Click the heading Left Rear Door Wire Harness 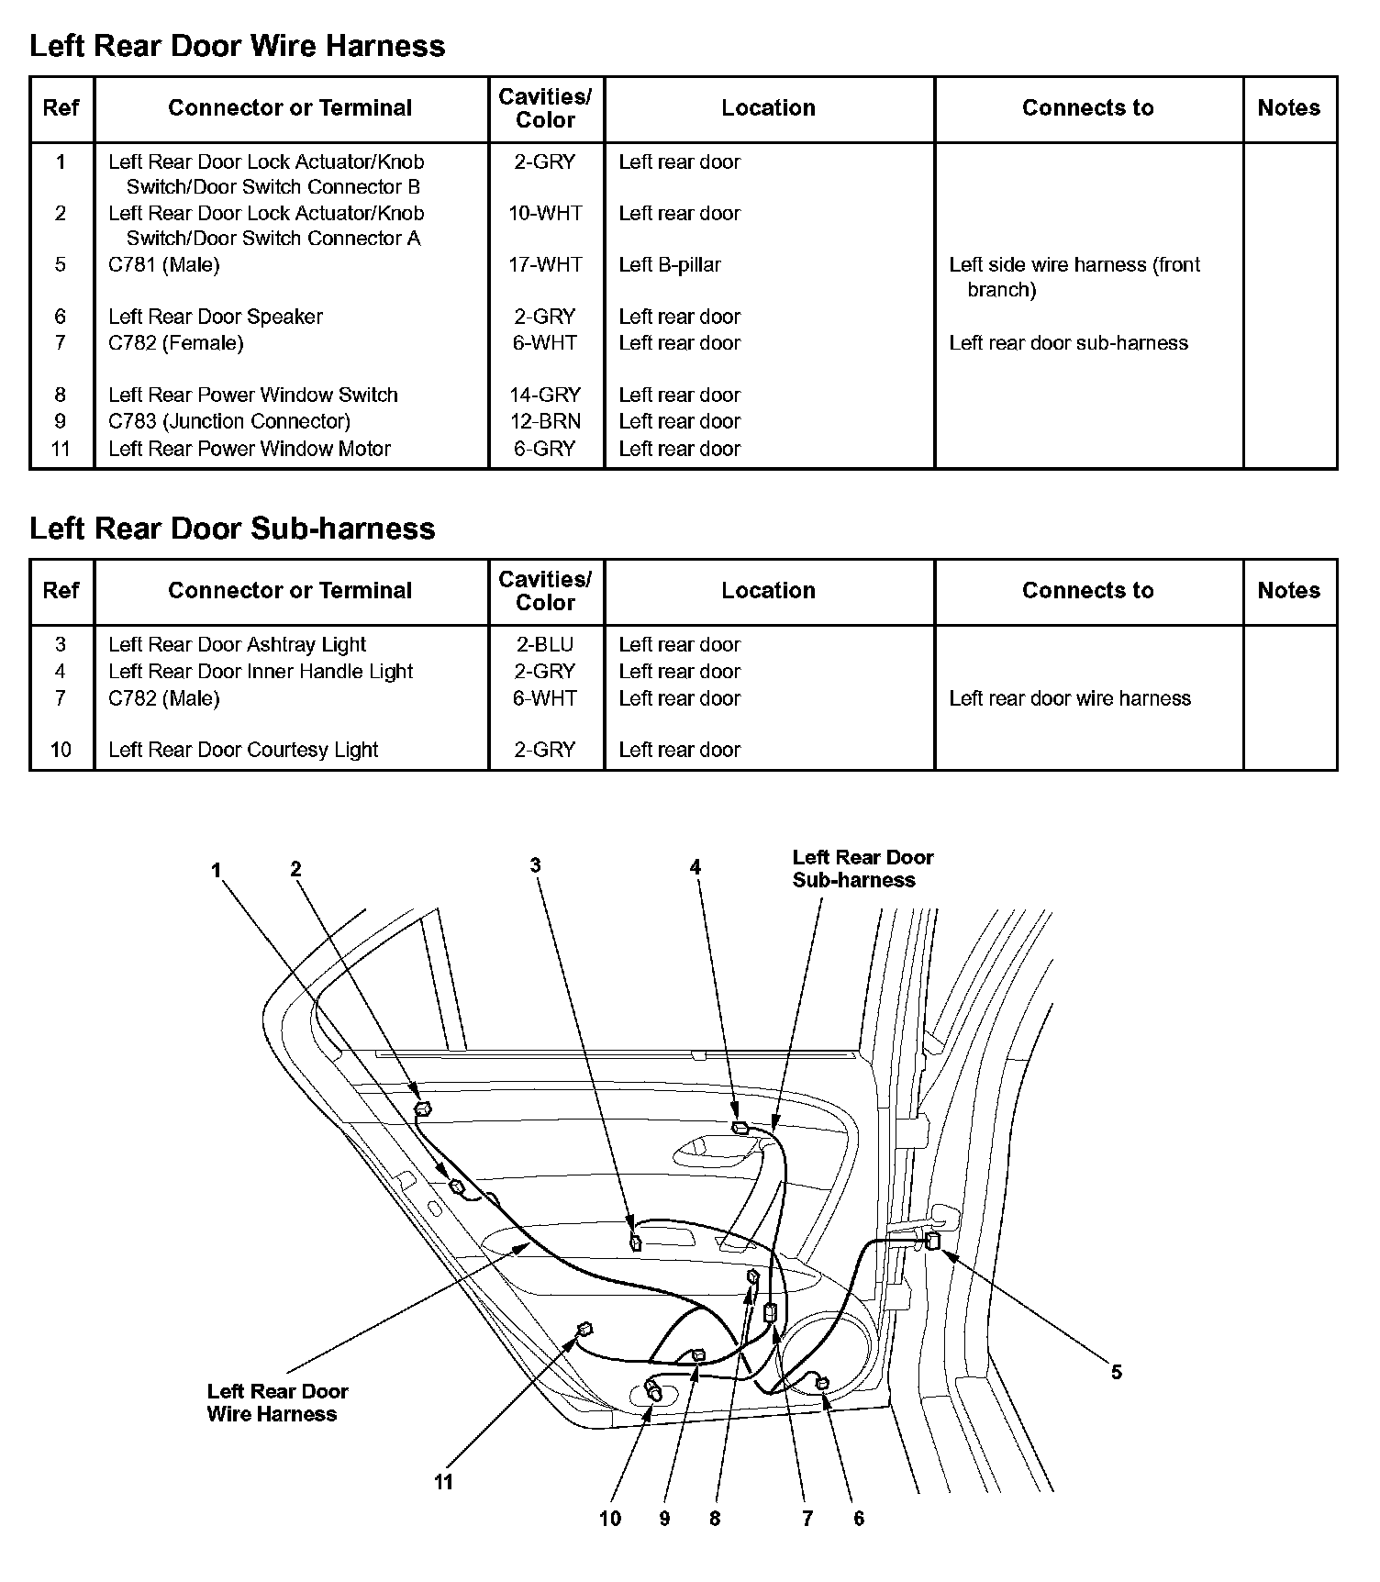click(x=237, y=46)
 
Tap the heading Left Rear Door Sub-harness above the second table click(x=232, y=529)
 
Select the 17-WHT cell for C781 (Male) click(x=545, y=265)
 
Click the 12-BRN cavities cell click(x=545, y=422)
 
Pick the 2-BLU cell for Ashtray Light click(x=545, y=645)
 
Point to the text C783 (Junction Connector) click(x=229, y=422)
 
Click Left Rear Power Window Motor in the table click(x=250, y=449)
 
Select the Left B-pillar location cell click(x=670, y=265)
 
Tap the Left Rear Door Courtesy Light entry click(x=243, y=750)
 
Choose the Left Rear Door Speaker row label click(x=216, y=318)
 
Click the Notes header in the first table click(x=1288, y=108)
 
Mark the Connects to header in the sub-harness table click(x=1087, y=591)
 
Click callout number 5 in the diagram click(x=1117, y=1373)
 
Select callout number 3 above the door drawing click(x=535, y=865)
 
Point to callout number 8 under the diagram click(x=715, y=1519)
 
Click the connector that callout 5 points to click(x=932, y=1242)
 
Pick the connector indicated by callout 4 click(x=740, y=1128)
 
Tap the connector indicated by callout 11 click(x=584, y=1329)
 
